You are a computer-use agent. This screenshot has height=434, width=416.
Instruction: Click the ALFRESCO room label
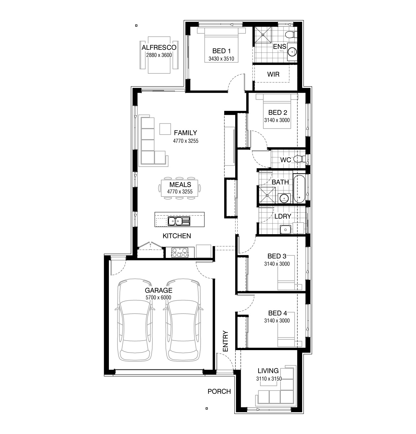(159, 48)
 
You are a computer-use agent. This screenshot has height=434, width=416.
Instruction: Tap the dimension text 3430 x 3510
(221, 59)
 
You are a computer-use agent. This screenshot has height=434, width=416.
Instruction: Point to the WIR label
(273, 74)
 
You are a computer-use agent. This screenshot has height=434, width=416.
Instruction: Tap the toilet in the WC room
(301, 159)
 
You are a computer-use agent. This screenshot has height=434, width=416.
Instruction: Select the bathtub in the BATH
(299, 189)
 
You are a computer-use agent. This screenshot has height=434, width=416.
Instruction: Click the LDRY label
(283, 216)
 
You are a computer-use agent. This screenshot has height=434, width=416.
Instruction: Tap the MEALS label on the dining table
(180, 185)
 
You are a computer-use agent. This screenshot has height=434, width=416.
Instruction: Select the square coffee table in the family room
(165, 129)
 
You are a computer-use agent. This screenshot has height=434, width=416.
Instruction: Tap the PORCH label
(219, 392)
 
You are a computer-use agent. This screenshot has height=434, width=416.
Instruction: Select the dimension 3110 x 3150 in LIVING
(269, 379)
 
